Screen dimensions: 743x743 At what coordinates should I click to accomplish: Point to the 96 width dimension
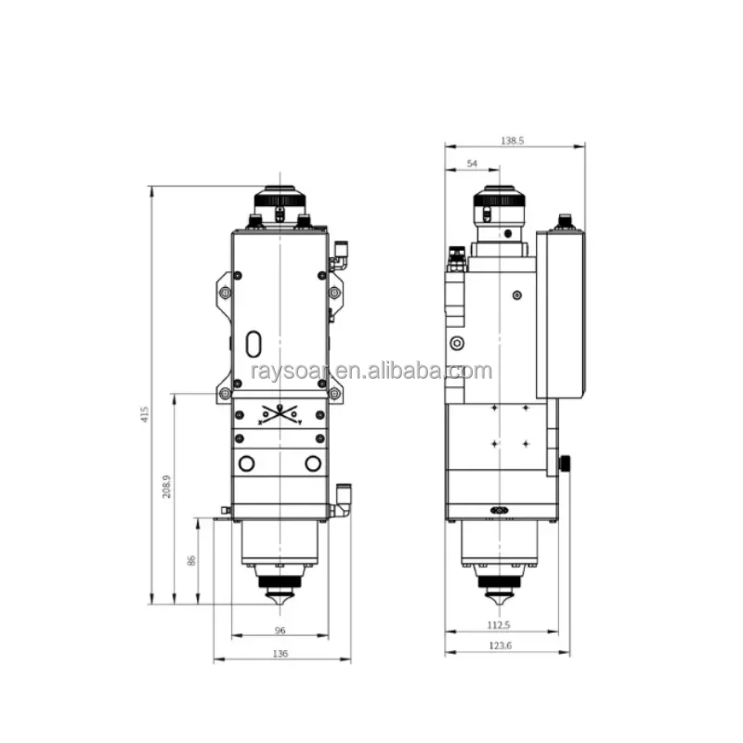tap(280, 631)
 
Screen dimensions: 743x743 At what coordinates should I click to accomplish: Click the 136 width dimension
tap(281, 654)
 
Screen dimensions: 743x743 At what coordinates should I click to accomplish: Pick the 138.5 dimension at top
tap(514, 140)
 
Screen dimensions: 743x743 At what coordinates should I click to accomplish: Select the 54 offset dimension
tap(471, 163)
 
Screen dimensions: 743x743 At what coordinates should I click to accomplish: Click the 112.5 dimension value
tap(502, 625)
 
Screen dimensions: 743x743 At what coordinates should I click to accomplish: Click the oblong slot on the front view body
tap(254, 344)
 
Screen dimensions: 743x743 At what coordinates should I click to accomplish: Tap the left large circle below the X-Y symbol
tap(246, 463)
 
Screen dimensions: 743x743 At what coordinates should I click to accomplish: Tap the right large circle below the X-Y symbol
tap(313, 463)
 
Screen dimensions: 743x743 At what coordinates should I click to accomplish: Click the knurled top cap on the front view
tap(279, 198)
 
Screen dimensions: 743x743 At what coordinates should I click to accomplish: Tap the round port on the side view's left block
tap(455, 344)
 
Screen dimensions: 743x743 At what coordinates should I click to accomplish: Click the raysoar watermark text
tap(371, 372)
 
